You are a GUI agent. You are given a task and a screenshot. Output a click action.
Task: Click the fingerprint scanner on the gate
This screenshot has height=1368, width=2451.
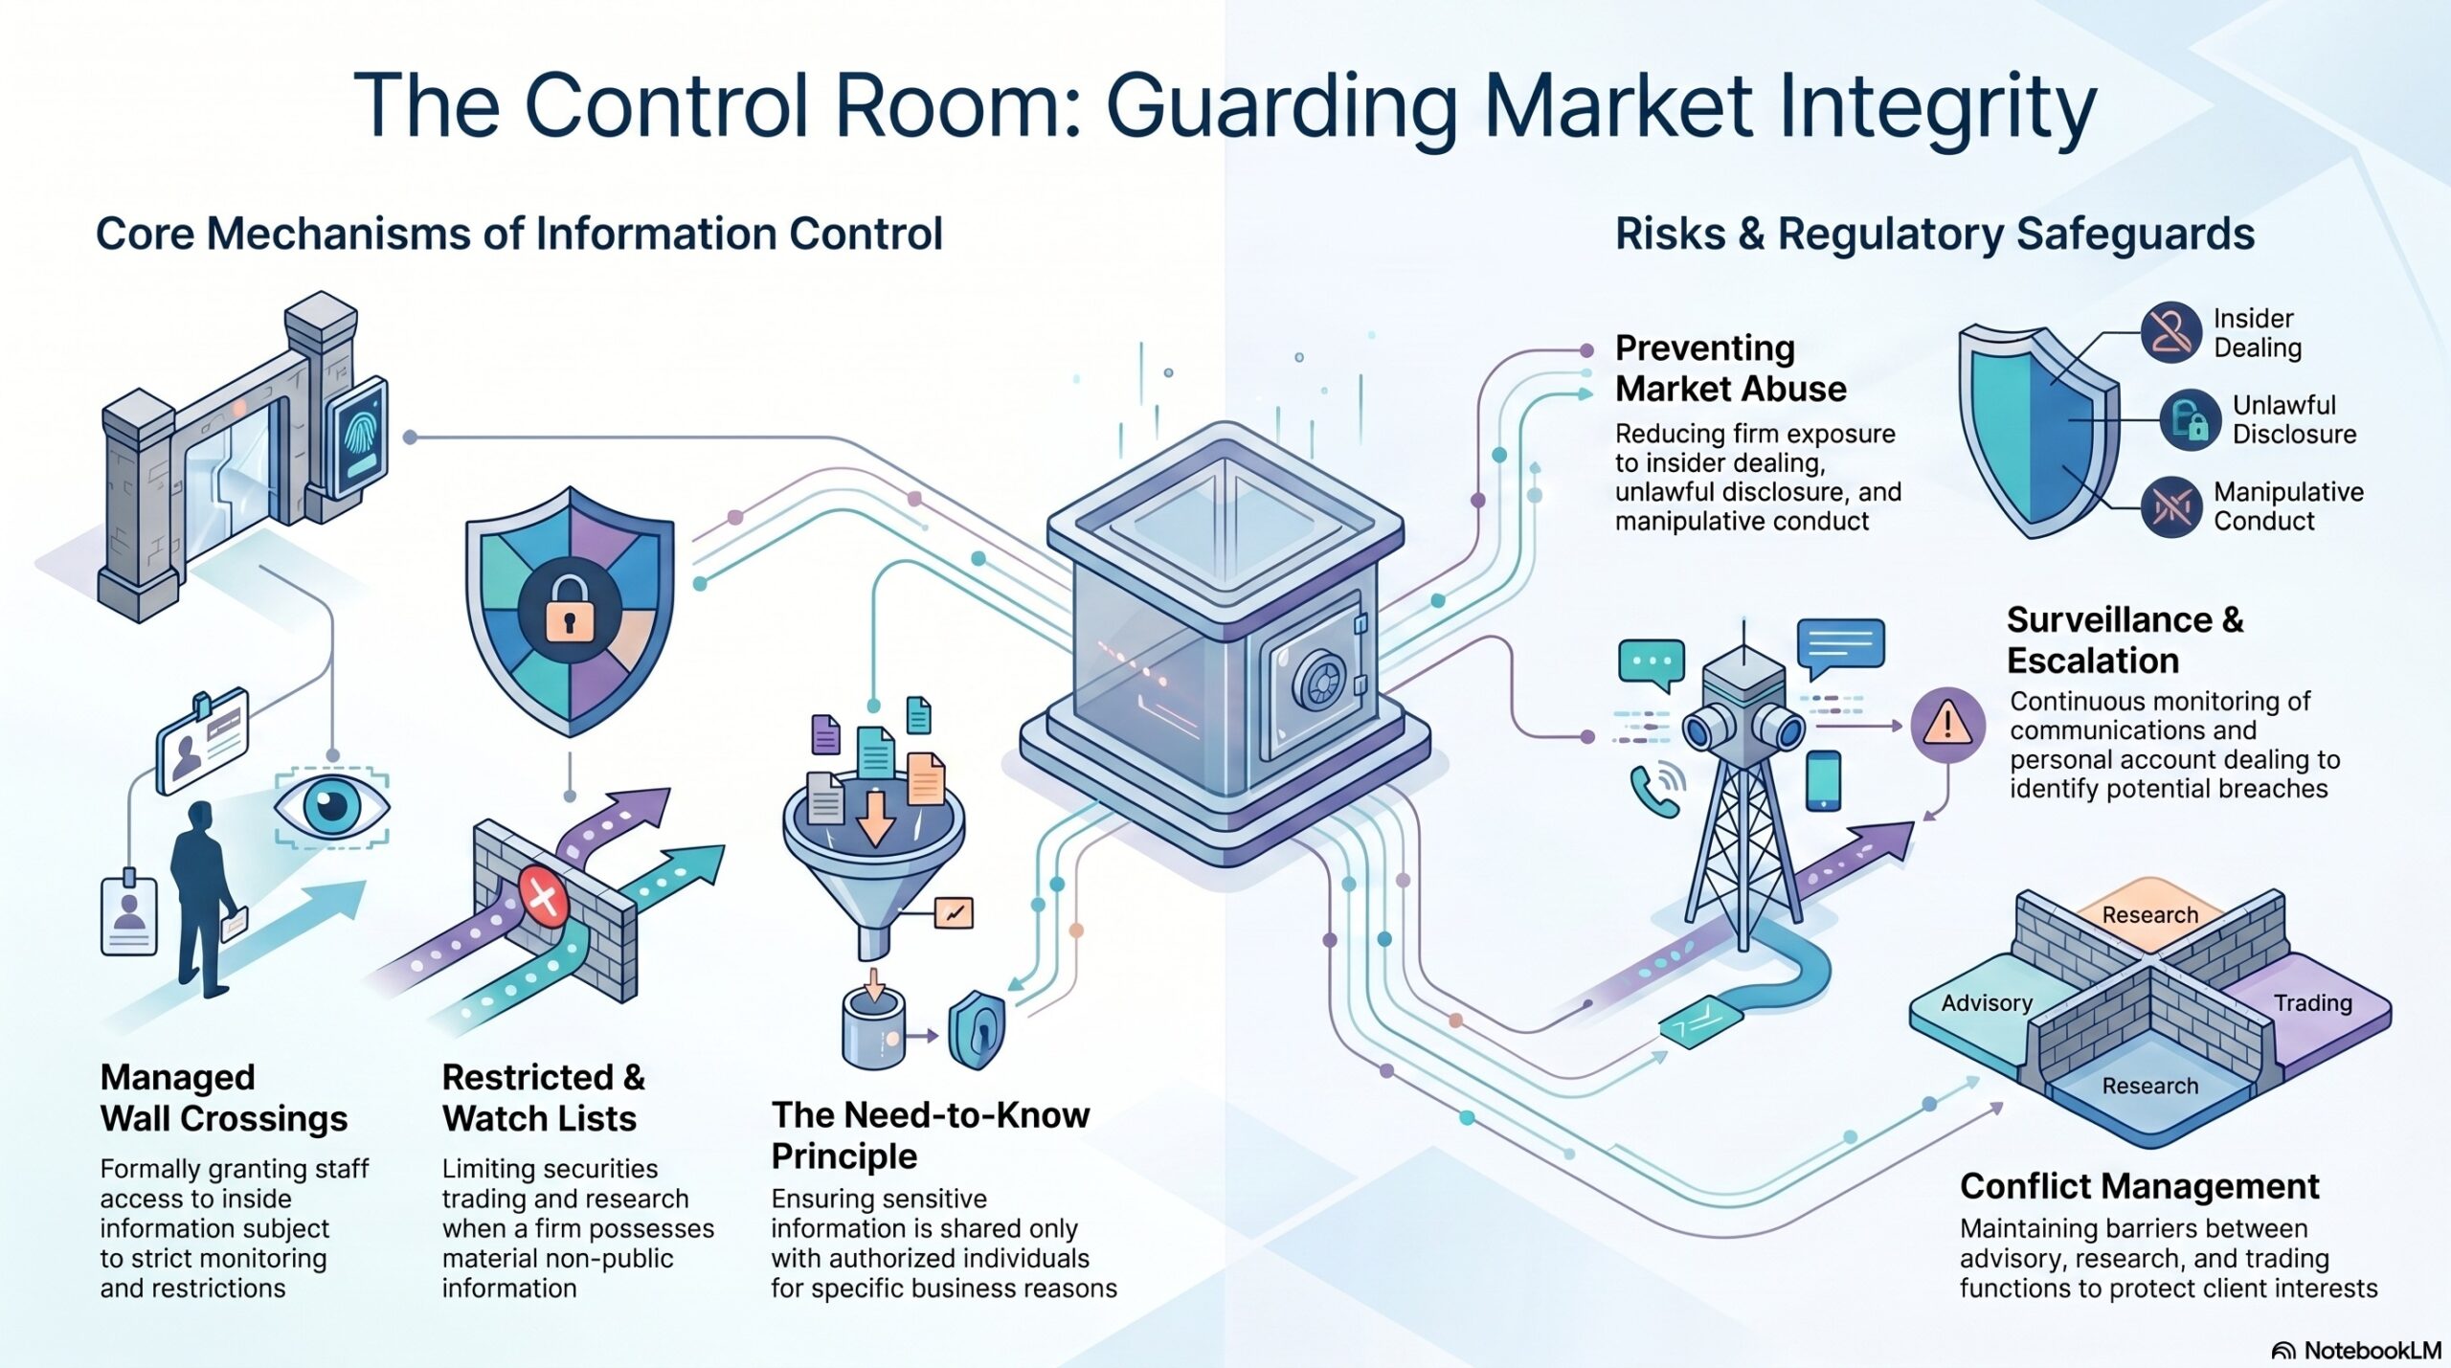click(x=357, y=441)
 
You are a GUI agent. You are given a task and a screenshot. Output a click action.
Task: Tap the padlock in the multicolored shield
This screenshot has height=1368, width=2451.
click(x=569, y=607)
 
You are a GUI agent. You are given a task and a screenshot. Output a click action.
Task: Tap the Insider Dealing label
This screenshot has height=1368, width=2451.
click(x=2257, y=332)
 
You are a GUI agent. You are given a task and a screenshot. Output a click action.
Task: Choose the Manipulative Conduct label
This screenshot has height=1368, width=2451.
click(x=2288, y=505)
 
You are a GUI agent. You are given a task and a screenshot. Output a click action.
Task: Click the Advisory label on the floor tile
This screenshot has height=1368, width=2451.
click(x=1987, y=1002)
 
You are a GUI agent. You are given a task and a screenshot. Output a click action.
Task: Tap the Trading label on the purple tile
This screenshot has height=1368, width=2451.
click(x=2313, y=1002)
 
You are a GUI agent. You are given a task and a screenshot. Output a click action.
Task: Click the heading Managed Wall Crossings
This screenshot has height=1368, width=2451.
click(x=224, y=1097)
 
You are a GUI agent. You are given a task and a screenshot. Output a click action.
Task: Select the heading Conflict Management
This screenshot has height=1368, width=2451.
click(x=2140, y=1185)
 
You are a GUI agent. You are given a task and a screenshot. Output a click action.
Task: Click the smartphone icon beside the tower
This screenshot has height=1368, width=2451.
click(x=1823, y=780)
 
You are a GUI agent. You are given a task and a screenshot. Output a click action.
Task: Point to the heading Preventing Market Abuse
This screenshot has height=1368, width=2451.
click(x=1731, y=368)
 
